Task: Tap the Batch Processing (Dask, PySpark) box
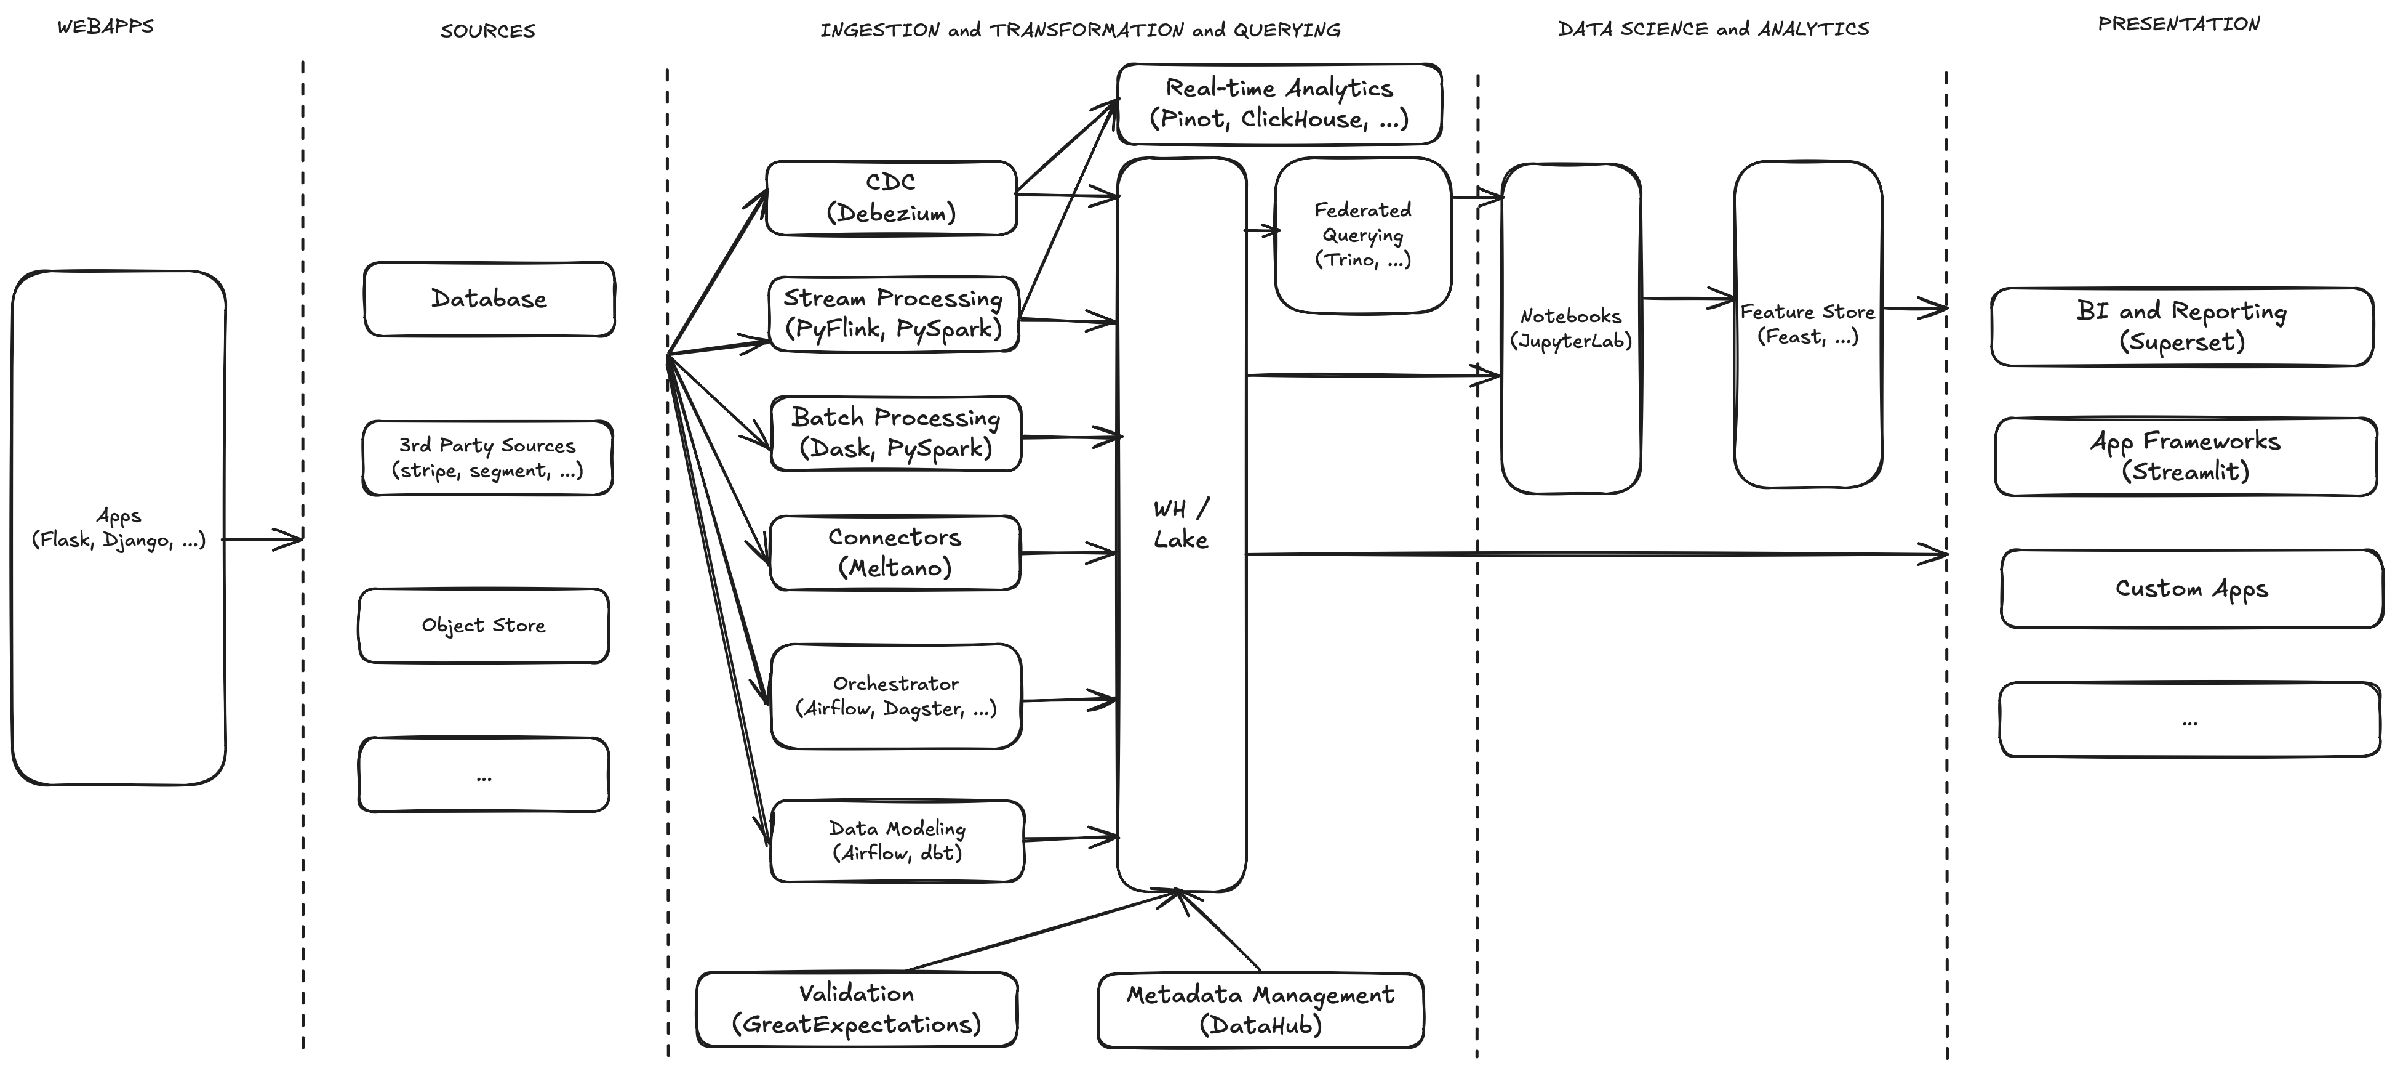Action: coord(895,434)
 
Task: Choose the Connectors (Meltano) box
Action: coord(894,552)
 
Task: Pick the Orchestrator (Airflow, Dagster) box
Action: coord(895,696)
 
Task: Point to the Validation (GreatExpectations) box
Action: coord(857,1009)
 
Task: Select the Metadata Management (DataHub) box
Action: coord(1260,1010)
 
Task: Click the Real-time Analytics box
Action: coord(1278,103)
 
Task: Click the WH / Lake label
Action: coord(1181,523)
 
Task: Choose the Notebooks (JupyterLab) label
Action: coord(1570,328)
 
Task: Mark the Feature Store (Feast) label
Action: coord(1807,324)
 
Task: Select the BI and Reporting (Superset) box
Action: coord(2181,326)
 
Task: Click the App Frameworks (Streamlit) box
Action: coord(2185,456)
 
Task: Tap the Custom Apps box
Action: coord(2191,589)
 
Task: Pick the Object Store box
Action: coord(484,625)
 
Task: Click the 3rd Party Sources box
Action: coord(487,458)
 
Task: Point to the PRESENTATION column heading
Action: coord(2178,24)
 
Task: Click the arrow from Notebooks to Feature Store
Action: coord(1687,299)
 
